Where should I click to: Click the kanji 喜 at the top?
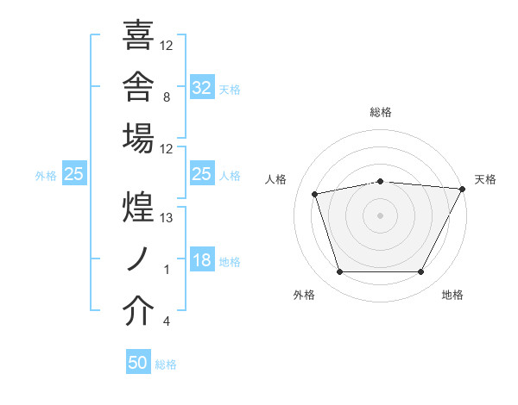click(x=138, y=34)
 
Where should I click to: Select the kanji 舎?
click(x=138, y=86)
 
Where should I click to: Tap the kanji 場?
click(x=138, y=138)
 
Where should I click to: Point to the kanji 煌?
click(x=138, y=207)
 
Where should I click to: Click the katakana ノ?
click(x=137, y=259)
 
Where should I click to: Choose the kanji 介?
click(x=138, y=310)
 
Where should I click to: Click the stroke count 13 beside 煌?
click(x=166, y=218)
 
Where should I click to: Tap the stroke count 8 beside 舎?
click(x=167, y=97)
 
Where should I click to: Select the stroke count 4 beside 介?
click(x=167, y=321)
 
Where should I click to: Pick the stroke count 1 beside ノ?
click(x=167, y=270)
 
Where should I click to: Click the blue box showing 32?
click(x=202, y=87)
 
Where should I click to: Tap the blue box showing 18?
click(x=202, y=259)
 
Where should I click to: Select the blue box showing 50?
click(x=138, y=361)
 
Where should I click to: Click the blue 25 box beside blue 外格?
click(x=74, y=173)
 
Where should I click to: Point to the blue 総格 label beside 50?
click(x=166, y=364)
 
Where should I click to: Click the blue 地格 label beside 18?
click(x=230, y=262)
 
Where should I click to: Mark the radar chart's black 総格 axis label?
click(x=381, y=112)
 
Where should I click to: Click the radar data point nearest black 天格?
click(x=462, y=189)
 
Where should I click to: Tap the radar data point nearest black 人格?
click(x=314, y=194)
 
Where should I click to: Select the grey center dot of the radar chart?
click(x=380, y=215)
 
